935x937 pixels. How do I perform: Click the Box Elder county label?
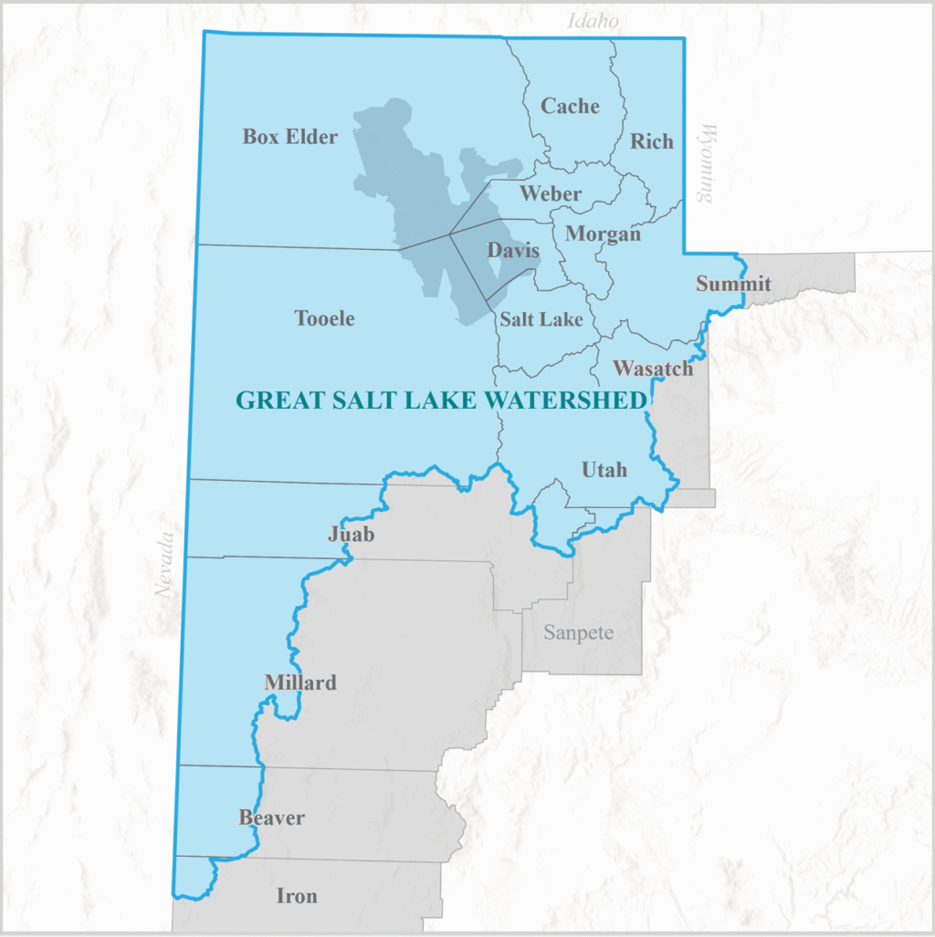click(x=290, y=137)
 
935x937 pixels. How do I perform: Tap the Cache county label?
click(x=570, y=106)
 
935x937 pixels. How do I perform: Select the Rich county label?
click(x=652, y=141)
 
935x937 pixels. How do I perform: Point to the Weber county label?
click(x=551, y=193)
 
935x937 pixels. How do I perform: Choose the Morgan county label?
click(x=603, y=234)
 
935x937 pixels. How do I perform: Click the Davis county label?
click(x=512, y=250)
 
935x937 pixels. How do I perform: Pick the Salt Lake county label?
click(x=541, y=319)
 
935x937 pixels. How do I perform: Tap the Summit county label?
click(x=733, y=284)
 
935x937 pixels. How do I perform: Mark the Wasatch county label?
click(x=653, y=369)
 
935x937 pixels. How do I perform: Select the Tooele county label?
click(x=324, y=318)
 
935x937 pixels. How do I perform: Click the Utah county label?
click(x=604, y=470)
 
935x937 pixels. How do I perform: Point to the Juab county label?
click(x=352, y=535)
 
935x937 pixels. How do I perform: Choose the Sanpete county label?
click(x=578, y=632)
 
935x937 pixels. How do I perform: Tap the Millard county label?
click(x=300, y=682)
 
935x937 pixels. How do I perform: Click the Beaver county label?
click(x=271, y=817)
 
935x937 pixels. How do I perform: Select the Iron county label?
click(x=297, y=896)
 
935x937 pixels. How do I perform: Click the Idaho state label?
click(x=594, y=20)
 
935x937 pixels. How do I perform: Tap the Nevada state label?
click(x=164, y=565)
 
